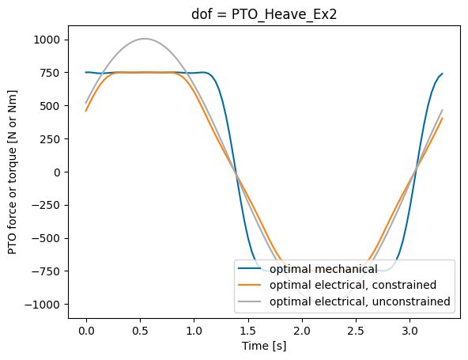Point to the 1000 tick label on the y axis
(48, 40)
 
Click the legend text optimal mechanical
(323, 269)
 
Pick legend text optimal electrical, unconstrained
(360, 301)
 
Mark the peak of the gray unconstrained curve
(144, 39)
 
